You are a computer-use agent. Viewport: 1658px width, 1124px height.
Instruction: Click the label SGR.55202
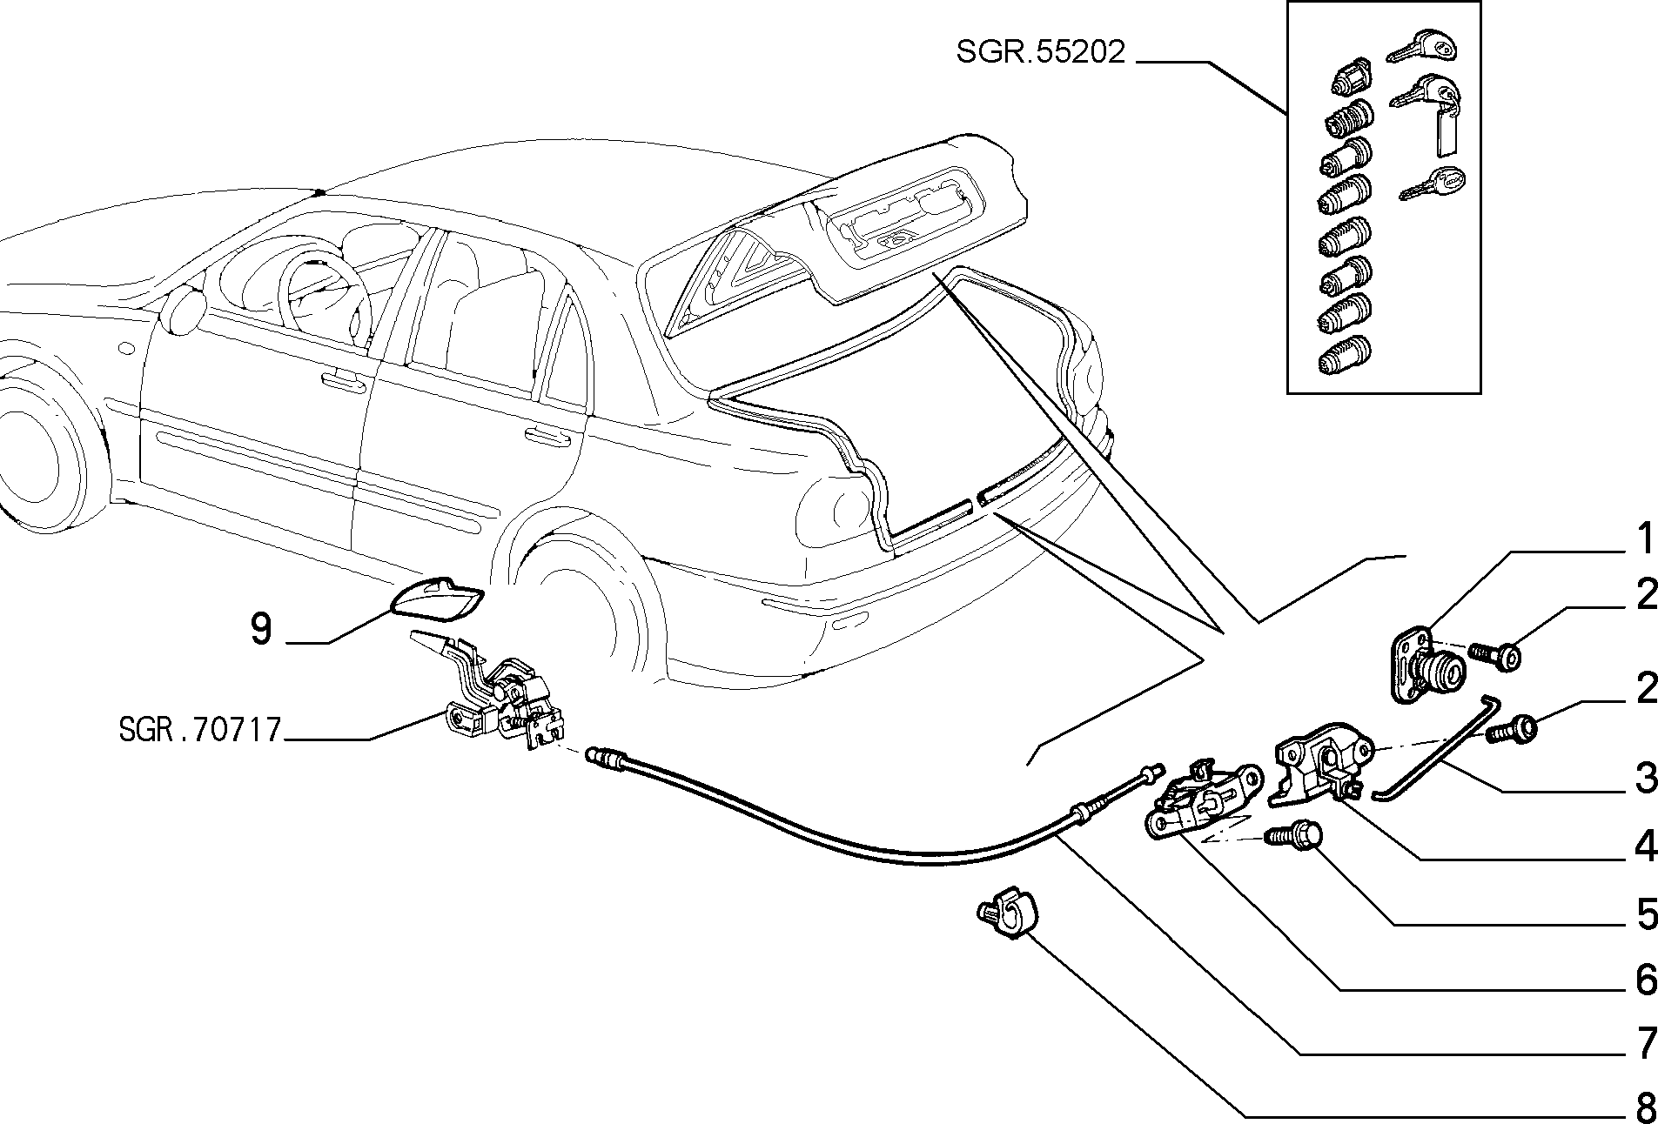pos(1041,52)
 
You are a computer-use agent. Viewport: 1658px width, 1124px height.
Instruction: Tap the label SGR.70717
pos(200,729)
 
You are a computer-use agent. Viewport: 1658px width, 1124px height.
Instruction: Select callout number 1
pos(1645,539)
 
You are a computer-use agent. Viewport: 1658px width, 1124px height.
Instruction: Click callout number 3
pos(1645,778)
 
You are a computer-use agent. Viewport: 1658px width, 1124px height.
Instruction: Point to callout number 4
pos(1645,846)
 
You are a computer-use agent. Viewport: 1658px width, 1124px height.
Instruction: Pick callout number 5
pos(1645,914)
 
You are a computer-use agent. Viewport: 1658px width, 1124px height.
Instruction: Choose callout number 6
pos(1645,980)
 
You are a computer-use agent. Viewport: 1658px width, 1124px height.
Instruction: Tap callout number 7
pos(1645,1045)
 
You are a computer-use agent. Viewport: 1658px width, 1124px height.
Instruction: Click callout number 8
pos(1645,1107)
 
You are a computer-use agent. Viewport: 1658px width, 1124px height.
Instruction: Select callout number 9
pos(260,628)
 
